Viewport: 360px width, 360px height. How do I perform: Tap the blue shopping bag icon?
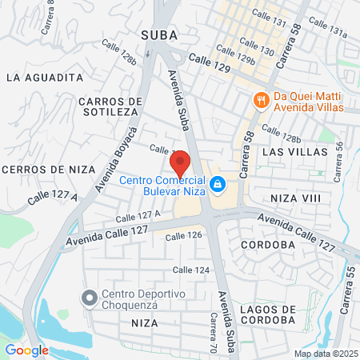click(x=216, y=186)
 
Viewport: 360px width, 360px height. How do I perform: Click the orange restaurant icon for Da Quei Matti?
click(x=260, y=100)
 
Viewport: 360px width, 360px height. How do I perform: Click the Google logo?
click(x=26, y=350)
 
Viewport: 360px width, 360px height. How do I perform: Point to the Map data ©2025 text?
click(x=325, y=354)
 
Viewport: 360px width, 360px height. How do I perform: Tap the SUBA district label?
click(x=160, y=34)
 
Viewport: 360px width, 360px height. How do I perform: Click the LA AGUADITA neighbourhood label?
click(x=45, y=78)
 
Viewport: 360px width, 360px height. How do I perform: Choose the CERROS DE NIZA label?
click(x=48, y=170)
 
